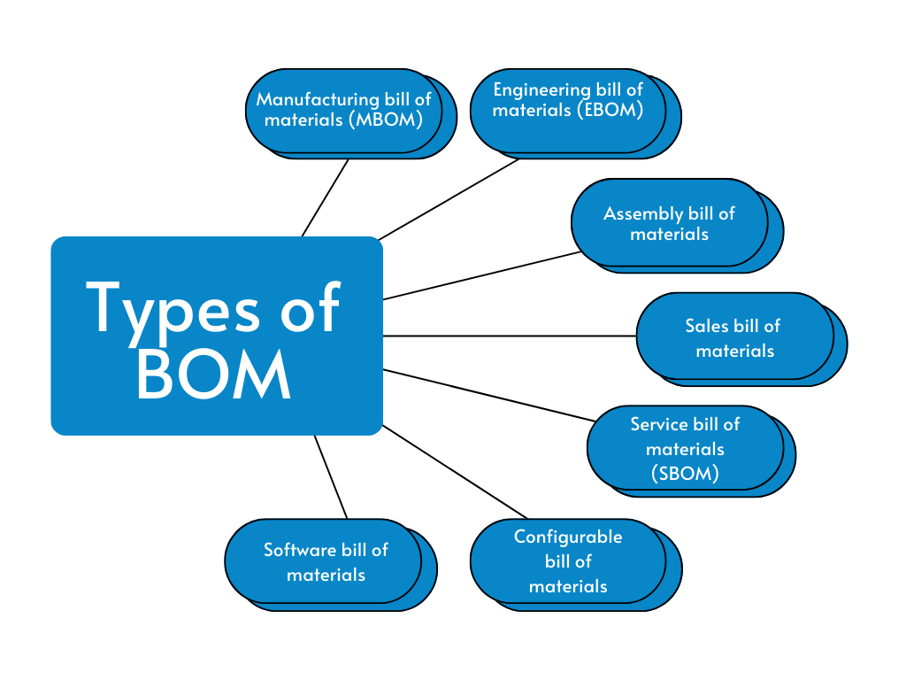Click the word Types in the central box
tap(174, 307)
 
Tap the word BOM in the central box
tap(214, 375)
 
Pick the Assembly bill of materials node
tap(669, 223)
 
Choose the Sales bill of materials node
tap(733, 337)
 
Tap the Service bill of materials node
tap(685, 448)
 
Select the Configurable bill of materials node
tap(567, 560)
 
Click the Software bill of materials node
tap(325, 561)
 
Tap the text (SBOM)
tap(685, 473)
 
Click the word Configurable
tap(568, 537)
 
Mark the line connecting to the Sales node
tap(509, 336)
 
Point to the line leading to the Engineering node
tap(449, 199)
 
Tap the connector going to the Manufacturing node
tap(325, 198)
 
